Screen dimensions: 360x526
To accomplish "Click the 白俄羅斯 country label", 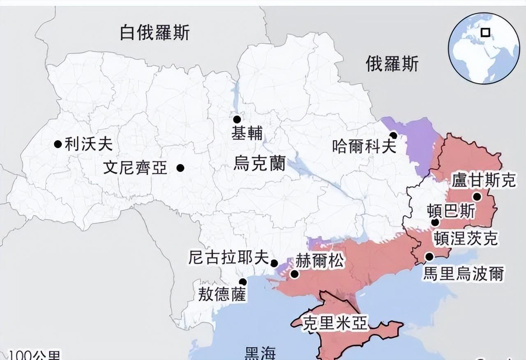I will [155, 32].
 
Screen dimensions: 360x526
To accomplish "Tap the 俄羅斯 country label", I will [392, 64].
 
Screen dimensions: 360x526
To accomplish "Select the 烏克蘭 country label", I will [259, 163].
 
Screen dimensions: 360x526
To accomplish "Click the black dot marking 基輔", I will [237, 120].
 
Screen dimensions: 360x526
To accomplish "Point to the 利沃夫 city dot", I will [58, 144].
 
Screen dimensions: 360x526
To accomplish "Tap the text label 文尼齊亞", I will [135, 168].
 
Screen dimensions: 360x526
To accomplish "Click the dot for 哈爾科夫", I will [393, 135].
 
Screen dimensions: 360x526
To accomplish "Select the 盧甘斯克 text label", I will [483, 180].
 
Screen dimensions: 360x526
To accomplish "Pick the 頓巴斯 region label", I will [451, 211].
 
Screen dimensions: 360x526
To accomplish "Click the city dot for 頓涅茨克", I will [435, 223].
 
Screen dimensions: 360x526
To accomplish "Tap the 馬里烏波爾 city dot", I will [429, 257].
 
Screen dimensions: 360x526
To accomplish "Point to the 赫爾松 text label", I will [320, 261].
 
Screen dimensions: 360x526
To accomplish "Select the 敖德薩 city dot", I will [243, 282].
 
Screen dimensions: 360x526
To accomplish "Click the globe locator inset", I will [483, 48].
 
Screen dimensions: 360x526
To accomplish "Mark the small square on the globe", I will [486, 32].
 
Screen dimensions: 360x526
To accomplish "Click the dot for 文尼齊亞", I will [180, 168].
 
